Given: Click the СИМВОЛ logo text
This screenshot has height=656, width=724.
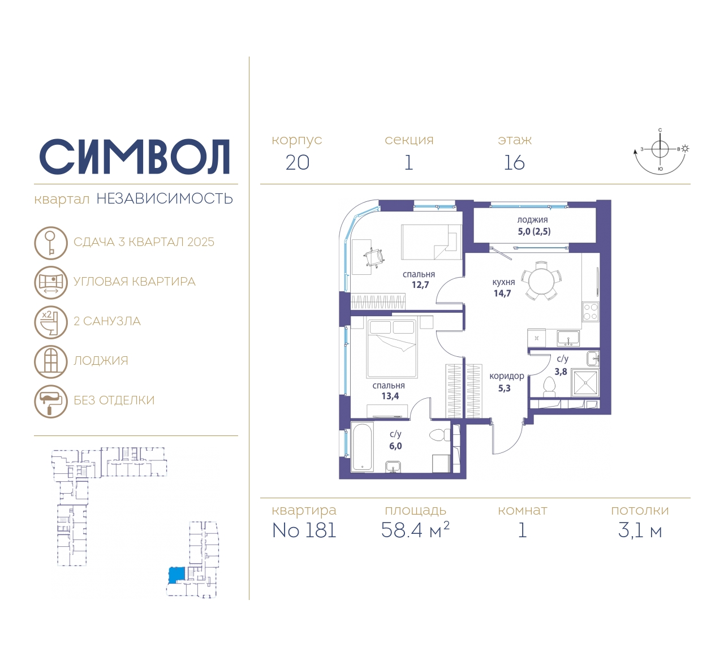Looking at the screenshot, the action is (134, 157).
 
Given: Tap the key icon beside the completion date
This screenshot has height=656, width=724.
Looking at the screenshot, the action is (51, 243).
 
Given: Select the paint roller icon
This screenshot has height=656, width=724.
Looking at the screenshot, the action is (51, 402).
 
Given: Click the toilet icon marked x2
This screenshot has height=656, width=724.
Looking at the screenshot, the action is (51, 322).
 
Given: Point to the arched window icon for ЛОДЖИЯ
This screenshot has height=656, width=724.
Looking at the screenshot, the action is (51, 362).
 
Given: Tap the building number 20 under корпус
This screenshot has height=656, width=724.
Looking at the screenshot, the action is (298, 163).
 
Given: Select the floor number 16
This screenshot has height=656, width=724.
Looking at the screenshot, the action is (514, 163).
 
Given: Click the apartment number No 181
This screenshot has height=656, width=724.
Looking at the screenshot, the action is (304, 530).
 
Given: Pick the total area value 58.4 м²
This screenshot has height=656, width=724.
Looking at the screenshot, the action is (415, 530).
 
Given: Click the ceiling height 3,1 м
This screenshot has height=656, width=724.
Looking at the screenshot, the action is (640, 531).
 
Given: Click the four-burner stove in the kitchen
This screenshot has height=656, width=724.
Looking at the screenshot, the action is (591, 312).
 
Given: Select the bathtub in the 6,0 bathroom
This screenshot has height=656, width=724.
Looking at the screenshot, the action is (363, 448).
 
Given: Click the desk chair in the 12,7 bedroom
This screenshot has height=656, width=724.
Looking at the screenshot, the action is (373, 258).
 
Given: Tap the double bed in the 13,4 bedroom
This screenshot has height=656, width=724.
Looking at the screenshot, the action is (391, 348).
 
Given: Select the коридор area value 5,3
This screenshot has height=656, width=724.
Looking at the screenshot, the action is (504, 389).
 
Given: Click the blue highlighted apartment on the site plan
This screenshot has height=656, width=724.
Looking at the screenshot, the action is (176, 575).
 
